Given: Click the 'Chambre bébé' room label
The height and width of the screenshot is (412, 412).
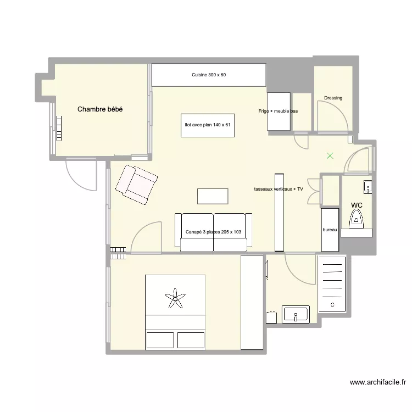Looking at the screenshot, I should tap(100, 109).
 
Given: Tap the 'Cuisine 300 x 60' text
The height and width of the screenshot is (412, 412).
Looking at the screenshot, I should tap(209, 75).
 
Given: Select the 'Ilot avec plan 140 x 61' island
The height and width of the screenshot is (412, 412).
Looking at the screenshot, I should tap(208, 125).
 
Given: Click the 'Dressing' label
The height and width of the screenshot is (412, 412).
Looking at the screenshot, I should tap(333, 98).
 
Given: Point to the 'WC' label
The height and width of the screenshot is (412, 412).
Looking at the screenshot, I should tap(357, 205).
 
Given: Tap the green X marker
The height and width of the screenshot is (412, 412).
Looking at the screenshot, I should tap(330, 156).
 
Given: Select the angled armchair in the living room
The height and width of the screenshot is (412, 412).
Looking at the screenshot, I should tap(136, 184).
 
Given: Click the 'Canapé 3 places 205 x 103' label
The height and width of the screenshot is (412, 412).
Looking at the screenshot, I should tap(213, 232).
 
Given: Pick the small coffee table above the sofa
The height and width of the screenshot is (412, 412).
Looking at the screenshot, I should tap(213, 196).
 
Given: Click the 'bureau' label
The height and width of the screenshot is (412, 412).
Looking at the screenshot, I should tap(329, 230).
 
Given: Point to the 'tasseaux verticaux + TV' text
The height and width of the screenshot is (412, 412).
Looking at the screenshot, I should tap(279, 189).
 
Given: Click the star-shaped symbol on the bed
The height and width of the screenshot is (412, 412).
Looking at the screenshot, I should tap(175, 299).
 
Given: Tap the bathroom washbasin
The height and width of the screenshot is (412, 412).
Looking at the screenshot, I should tap(296, 315).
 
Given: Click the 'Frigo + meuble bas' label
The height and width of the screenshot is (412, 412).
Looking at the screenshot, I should tap(278, 111).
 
